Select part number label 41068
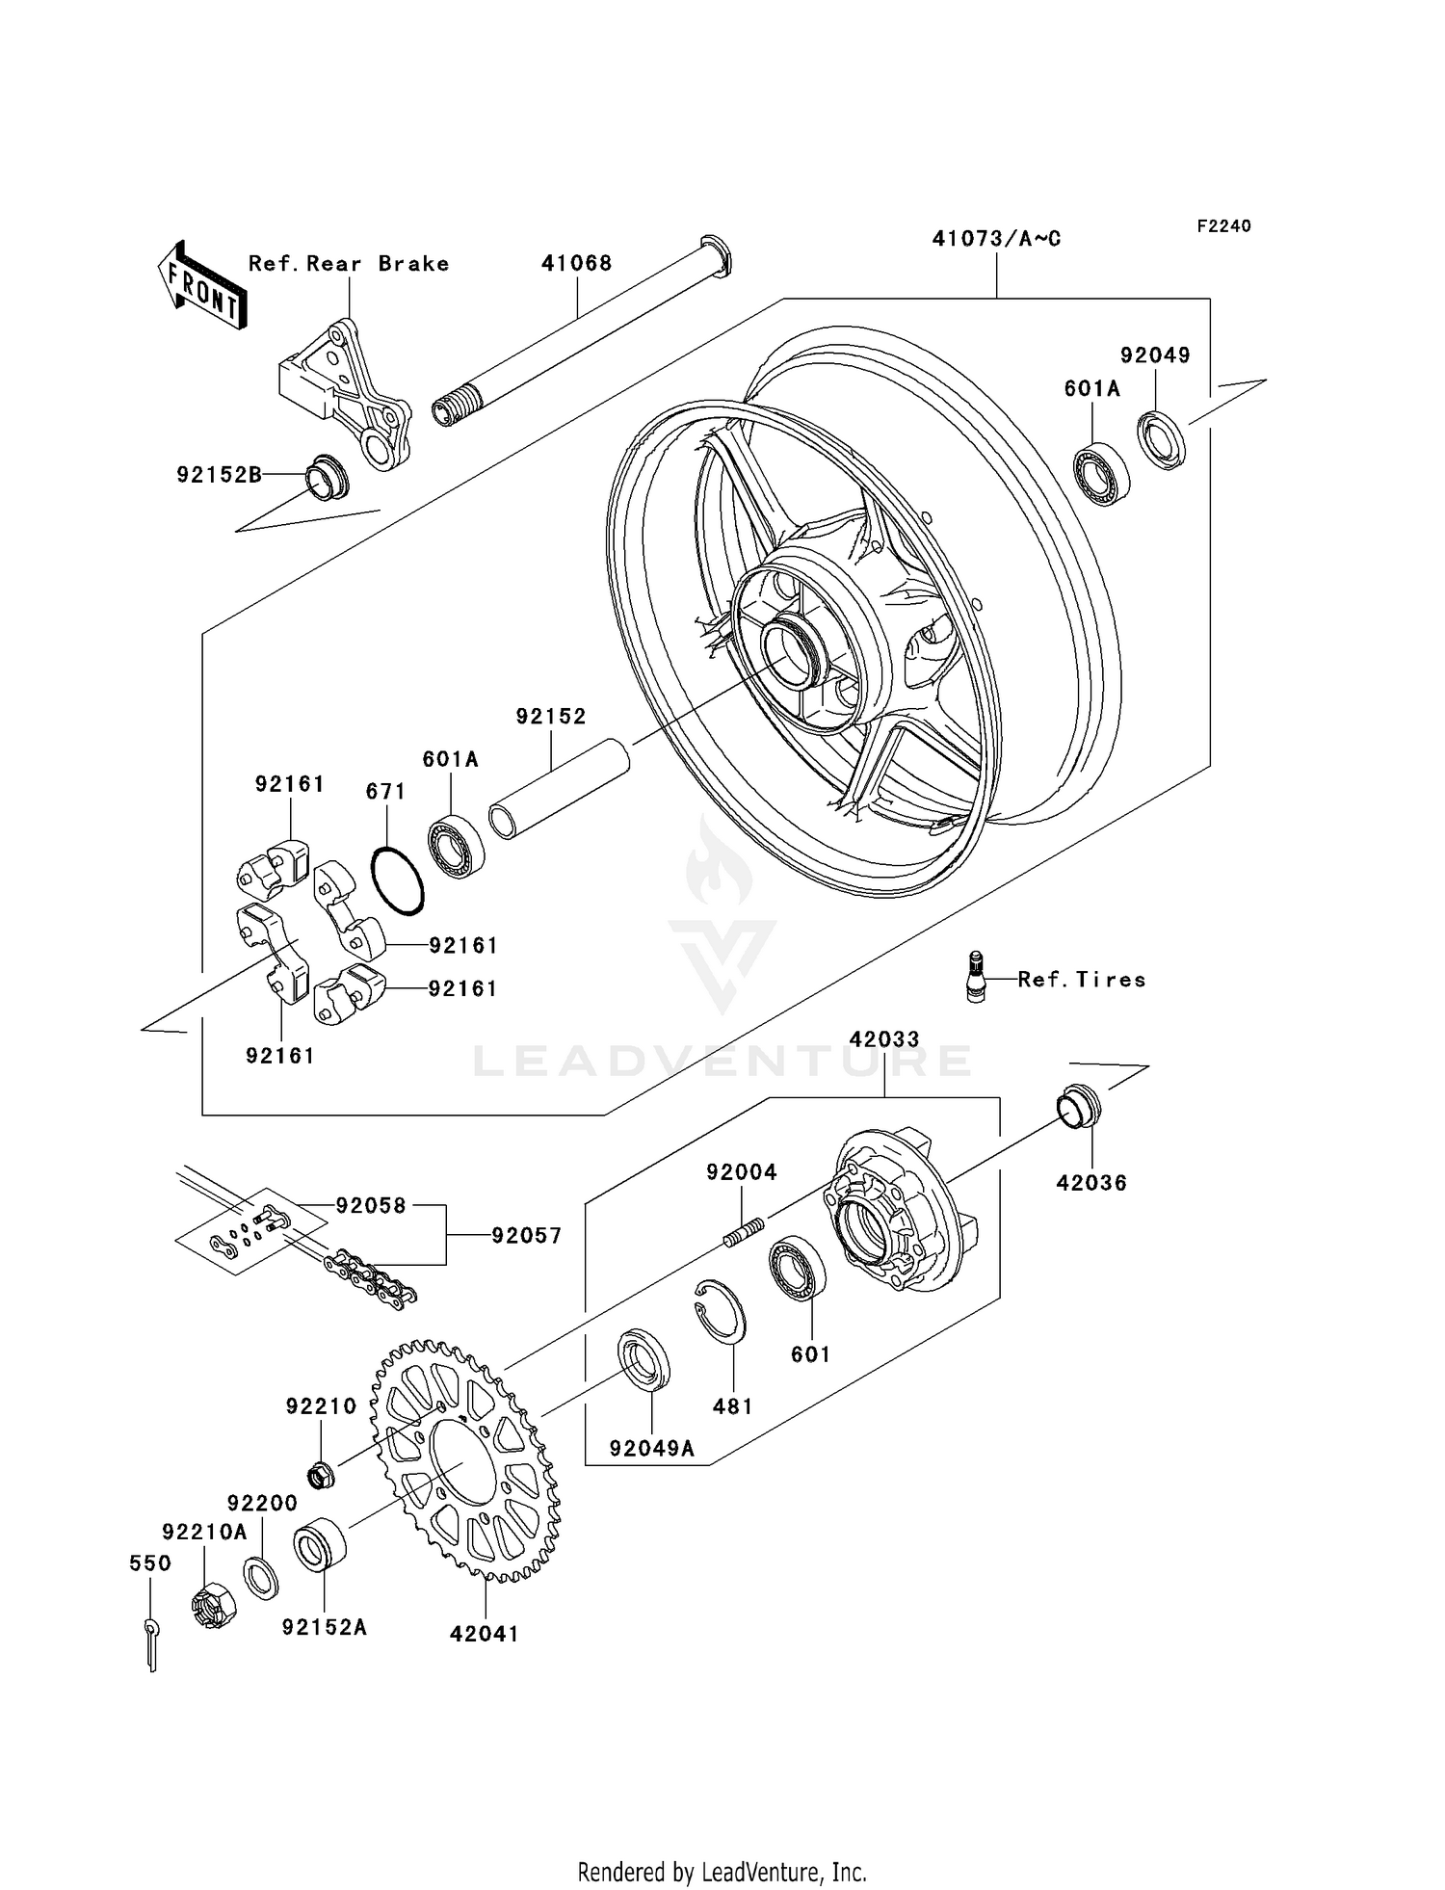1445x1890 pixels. pos(576,263)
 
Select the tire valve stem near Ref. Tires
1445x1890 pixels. pos(976,976)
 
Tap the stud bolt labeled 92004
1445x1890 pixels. pos(744,1232)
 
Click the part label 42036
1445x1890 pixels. pos(1090,1182)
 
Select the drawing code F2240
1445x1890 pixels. pos(1223,225)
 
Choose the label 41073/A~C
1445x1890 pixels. pos(995,238)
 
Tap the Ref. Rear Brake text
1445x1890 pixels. pos(348,263)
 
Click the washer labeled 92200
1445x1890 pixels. pos(260,1578)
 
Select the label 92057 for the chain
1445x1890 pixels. pos(526,1235)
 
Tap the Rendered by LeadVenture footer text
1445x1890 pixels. pos(722,1872)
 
